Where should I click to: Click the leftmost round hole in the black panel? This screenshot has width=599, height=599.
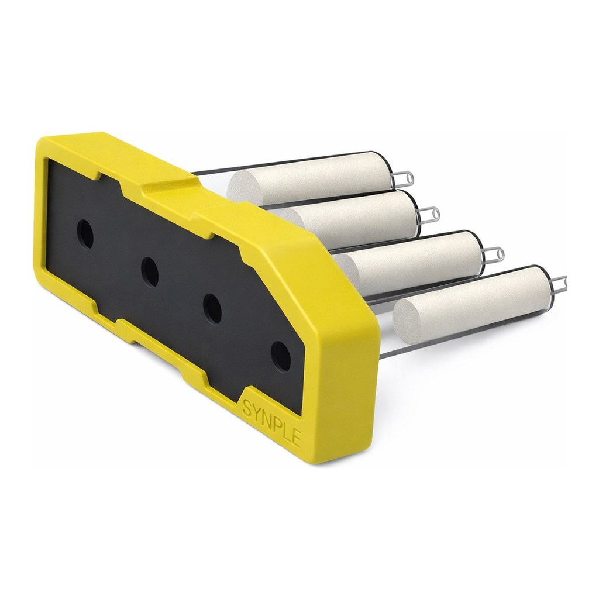pos(85,234)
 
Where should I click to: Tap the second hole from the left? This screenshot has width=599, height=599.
pos(150,272)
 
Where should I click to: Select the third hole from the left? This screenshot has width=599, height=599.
pos(213,309)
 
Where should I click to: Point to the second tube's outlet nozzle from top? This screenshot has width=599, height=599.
pos(430,212)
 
